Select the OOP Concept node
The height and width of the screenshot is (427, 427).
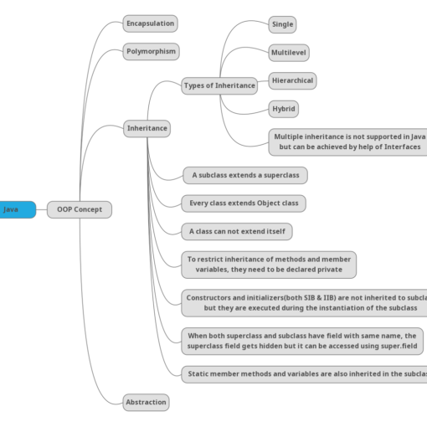click(x=79, y=209)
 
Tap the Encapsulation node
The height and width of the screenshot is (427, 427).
click(x=150, y=23)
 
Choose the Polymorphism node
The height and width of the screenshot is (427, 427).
click(x=151, y=51)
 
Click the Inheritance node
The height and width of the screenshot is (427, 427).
click(x=147, y=129)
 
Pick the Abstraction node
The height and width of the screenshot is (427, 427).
click(x=146, y=402)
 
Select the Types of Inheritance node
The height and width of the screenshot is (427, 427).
click(x=219, y=85)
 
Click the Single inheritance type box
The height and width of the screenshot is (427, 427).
click(x=282, y=24)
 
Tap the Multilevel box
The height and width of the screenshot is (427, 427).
click(x=288, y=52)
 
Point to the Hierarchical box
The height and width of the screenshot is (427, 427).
click(x=292, y=81)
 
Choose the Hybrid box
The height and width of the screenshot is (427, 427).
click(x=283, y=109)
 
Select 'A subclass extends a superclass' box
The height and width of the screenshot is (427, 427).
click(x=244, y=175)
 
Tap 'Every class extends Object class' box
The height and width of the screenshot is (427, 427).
click(x=244, y=203)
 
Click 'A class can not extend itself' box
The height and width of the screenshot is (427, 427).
click(x=237, y=231)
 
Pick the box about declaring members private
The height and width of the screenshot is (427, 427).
click(x=269, y=265)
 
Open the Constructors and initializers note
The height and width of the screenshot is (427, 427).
click(x=305, y=302)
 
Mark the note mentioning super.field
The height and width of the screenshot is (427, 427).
click(x=301, y=341)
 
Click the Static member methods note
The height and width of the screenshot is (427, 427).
click(x=305, y=373)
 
